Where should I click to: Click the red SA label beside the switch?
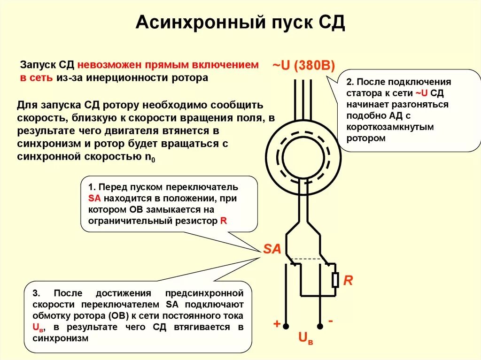272,249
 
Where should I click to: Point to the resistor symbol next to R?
335,280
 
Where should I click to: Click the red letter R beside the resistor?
348,281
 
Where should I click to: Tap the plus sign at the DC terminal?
277,324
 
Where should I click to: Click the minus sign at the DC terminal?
331,321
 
